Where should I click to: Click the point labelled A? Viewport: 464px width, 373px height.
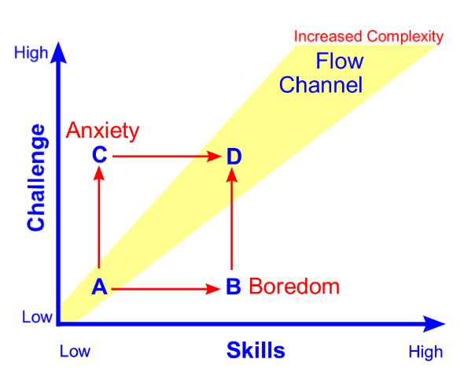pos(99,287)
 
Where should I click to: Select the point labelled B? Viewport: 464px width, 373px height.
pos(233,287)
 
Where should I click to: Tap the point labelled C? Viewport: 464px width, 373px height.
pos(99,155)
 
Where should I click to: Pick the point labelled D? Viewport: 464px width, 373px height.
pos(234,157)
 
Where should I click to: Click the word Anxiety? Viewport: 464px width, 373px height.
pos(102,130)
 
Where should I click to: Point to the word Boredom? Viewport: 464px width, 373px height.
pos(294,286)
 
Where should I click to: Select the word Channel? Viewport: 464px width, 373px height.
pos(321,84)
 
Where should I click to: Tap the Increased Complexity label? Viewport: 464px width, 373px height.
pos(369,36)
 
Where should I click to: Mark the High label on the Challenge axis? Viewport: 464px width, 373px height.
pos(31,54)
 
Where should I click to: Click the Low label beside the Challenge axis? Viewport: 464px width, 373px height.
pos(36,317)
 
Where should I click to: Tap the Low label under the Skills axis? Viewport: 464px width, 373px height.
pos(75,351)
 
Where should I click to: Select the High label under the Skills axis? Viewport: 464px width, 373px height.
pos(425,351)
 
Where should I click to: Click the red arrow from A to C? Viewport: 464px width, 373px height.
pos(99,220)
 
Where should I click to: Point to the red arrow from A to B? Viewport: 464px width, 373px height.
pos(165,289)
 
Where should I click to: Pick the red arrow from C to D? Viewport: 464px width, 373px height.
pos(165,157)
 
